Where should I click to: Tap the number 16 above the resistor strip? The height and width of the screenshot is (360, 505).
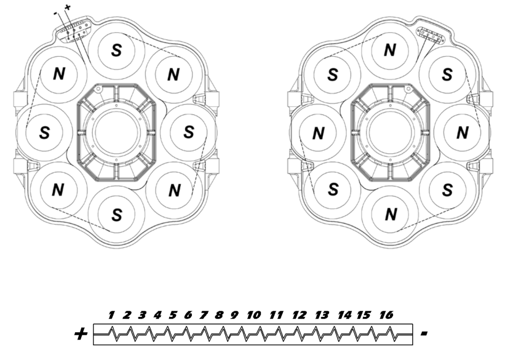(385, 315)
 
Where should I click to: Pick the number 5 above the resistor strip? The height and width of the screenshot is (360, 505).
(171, 315)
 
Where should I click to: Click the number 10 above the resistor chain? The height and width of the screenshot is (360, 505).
(254, 315)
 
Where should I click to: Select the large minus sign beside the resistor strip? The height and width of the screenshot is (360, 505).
(424, 334)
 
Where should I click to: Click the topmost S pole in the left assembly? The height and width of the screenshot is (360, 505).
(116, 50)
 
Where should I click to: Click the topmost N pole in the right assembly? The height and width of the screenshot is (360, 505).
(391, 50)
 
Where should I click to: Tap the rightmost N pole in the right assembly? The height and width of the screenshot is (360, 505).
(462, 132)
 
